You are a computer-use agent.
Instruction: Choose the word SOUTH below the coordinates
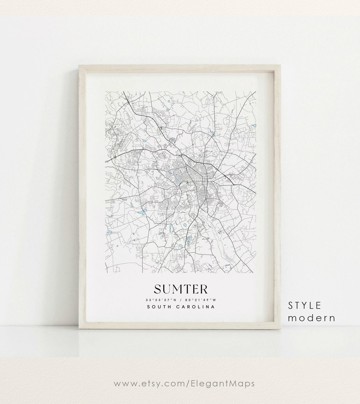click(x=158, y=307)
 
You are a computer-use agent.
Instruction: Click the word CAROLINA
click(x=195, y=307)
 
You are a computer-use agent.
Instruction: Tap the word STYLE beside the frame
click(x=305, y=305)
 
